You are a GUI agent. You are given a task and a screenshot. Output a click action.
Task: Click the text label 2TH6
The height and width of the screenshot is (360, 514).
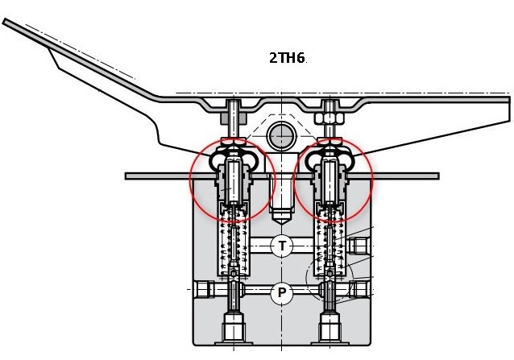pyautogui.click(x=288, y=58)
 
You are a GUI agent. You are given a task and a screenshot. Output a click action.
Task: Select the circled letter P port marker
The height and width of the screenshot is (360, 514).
pyautogui.click(x=281, y=293)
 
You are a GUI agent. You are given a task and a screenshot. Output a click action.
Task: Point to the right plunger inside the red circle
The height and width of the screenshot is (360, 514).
pyautogui.click(x=330, y=181)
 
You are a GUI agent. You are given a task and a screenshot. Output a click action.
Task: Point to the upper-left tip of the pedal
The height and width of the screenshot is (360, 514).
pyautogui.click(x=6, y=23)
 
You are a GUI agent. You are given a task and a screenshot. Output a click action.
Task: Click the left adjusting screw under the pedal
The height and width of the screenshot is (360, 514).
pyautogui.click(x=232, y=113)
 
